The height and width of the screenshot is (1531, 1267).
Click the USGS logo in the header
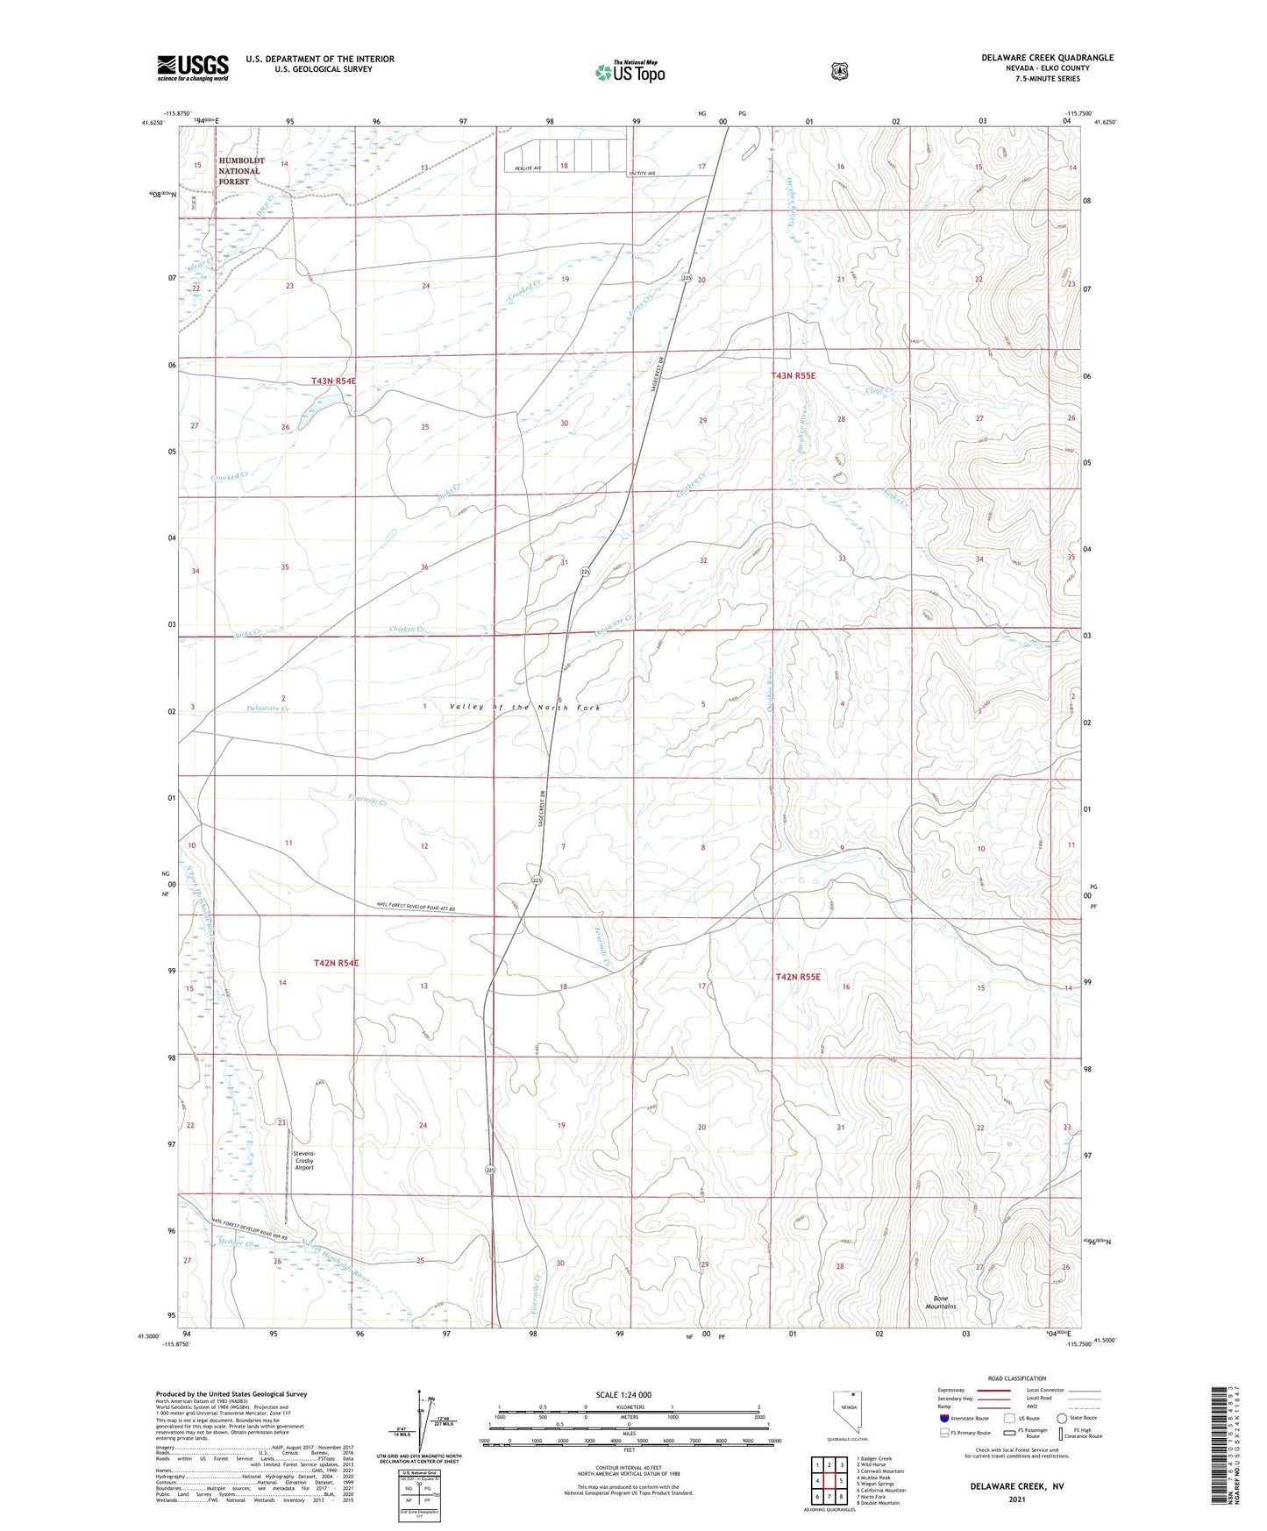[193, 68]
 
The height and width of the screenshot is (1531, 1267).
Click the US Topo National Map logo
[629, 72]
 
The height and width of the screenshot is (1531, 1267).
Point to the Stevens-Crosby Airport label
[304, 1160]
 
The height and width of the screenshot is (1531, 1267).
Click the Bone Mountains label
[941, 1302]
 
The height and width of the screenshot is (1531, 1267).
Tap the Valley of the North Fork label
[525, 707]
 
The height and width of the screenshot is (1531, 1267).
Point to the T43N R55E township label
[794, 375]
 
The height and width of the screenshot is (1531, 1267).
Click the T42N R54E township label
[336, 963]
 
